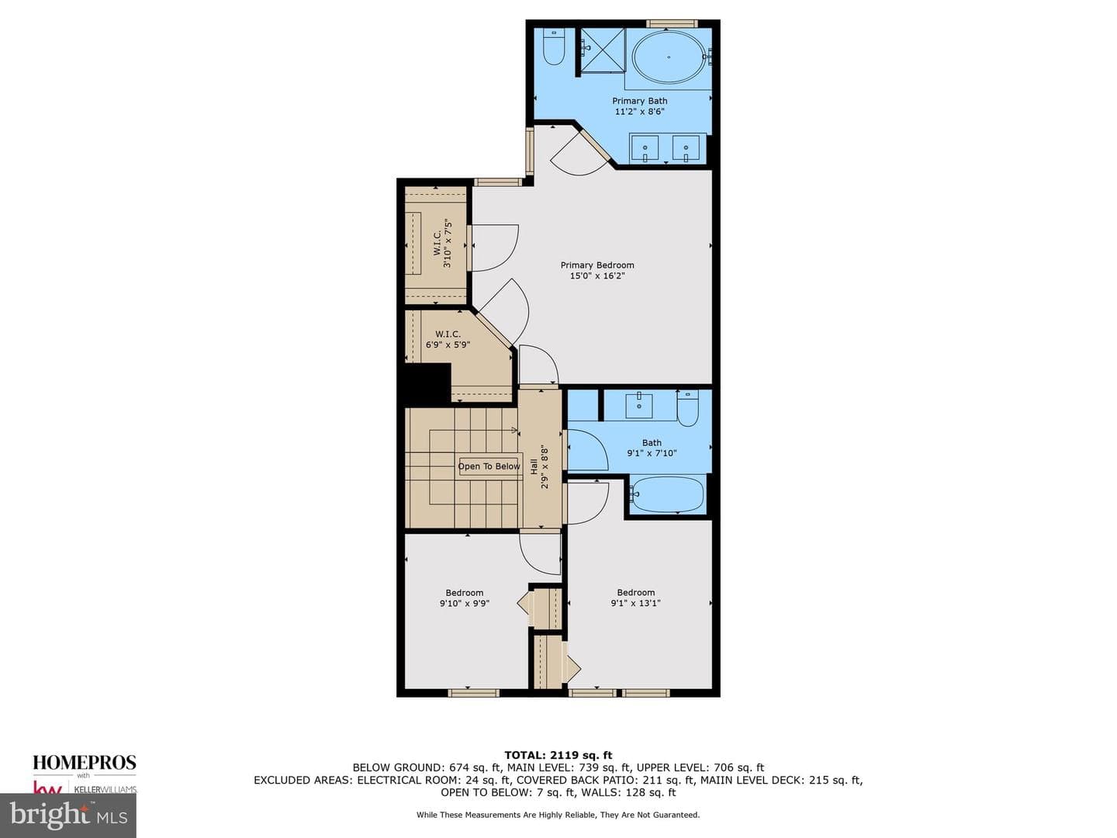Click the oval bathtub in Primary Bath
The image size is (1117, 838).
pos(669,57)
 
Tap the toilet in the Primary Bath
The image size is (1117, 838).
pos(554,47)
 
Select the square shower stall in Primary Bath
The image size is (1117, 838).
pos(603,51)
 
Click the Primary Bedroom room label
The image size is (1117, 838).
pos(597,265)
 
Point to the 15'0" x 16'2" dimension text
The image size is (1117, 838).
pos(597,276)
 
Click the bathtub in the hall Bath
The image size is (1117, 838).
pos(667,494)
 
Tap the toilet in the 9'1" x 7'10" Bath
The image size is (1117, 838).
pos(687,408)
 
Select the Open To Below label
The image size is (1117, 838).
pos(489,466)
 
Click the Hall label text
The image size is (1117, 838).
pos(534,466)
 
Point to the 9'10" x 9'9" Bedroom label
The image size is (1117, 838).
pos(465,597)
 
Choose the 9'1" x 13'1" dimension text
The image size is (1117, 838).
pos(635,604)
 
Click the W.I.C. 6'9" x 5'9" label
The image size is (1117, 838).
pos(448,339)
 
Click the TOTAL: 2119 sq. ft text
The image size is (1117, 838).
pos(558,755)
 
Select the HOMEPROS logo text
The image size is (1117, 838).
pos(85,762)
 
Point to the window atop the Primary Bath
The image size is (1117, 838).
pos(672,23)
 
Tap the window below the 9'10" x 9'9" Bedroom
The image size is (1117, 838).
pos(473,692)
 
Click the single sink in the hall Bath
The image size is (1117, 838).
pos(638,405)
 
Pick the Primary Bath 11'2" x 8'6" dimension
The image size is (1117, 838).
pos(640,112)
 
